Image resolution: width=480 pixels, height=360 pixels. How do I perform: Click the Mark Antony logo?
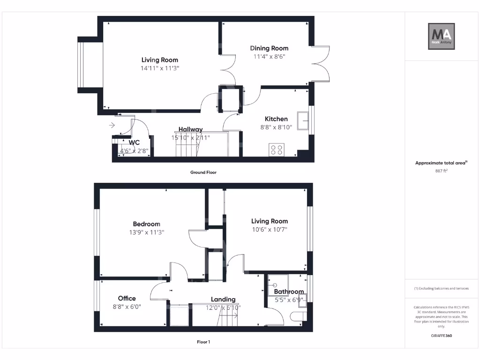coord(442,37)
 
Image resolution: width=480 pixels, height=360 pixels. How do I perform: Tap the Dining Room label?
coord(269,48)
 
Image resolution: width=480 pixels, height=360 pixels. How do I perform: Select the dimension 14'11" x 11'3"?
coord(160,68)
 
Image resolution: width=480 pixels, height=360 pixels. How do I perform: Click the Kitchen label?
coord(276,119)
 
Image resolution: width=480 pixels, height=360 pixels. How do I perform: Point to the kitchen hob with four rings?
coord(277,150)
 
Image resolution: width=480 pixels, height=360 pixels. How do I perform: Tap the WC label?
coord(135,142)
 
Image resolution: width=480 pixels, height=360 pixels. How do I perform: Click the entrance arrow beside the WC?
coord(112,125)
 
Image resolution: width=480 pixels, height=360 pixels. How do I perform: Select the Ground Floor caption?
coord(203,172)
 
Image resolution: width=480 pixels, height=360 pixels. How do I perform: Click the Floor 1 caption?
coord(203,342)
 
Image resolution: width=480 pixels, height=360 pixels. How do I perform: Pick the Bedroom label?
coord(146,224)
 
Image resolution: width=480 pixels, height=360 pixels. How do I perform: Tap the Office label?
coord(127,299)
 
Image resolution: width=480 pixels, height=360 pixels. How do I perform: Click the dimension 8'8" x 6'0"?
coord(127,307)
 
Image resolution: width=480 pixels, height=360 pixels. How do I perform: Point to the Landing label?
coord(223,300)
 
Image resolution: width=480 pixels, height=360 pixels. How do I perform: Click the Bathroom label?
coord(289,292)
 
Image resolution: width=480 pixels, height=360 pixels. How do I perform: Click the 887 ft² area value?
coord(442,171)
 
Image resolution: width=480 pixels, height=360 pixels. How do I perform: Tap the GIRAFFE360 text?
coord(442,336)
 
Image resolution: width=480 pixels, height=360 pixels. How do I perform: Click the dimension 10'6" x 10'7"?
coord(269,230)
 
